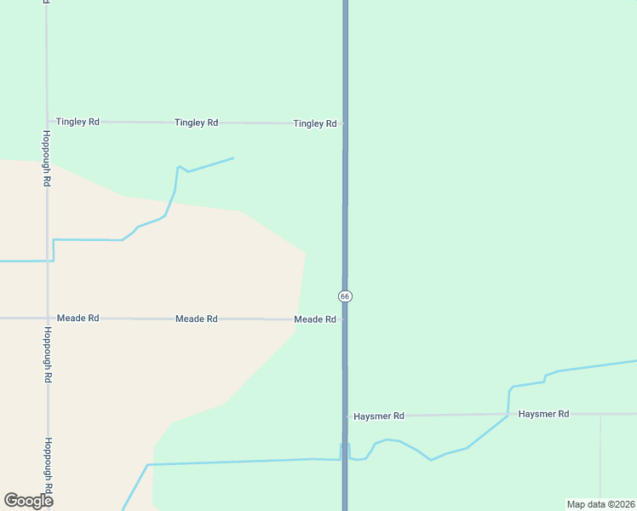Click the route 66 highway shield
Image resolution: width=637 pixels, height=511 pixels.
pyautogui.click(x=345, y=296)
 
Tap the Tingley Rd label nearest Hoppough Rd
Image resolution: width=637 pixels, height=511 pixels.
pyautogui.click(x=77, y=122)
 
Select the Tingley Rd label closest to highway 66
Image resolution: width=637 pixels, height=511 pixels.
pyautogui.click(x=315, y=123)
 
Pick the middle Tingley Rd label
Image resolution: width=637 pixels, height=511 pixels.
pyautogui.click(x=196, y=123)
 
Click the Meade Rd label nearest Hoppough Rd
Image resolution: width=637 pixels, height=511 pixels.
pyautogui.click(x=78, y=318)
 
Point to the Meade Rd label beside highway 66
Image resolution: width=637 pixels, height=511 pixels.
pyautogui.click(x=315, y=319)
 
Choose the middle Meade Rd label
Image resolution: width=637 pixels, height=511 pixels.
pyautogui.click(x=197, y=319)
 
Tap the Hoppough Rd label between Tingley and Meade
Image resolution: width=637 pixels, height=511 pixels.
pyautogui.click(x=48, y=159)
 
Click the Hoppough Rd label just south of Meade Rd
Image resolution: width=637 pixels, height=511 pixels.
pyautogui.click(x=49, y=354)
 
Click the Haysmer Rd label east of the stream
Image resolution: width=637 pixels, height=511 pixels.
pyautogui.click(x=543, y=414)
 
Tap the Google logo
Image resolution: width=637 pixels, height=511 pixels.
pyautogui.click(x=28, y=501)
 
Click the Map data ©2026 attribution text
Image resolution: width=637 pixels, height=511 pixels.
pyautogui.click(x=600, y=504)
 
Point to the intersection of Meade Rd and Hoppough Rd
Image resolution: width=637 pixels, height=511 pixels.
pyautogui.click(x=47, y=318)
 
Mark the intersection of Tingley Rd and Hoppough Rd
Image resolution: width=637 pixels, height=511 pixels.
pyautogui.click(x=47, y=122)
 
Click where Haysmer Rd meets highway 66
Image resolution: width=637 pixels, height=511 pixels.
pyautogui.click(x=346, y=416)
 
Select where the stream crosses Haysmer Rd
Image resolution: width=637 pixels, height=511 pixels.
pyautogui.click(x=508, y=415)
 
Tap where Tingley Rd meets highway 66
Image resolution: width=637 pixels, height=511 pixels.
pyautogui.click(x=345, y=123)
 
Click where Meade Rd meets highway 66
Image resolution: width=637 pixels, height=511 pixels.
pyautogui.click(x=345, y=319)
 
